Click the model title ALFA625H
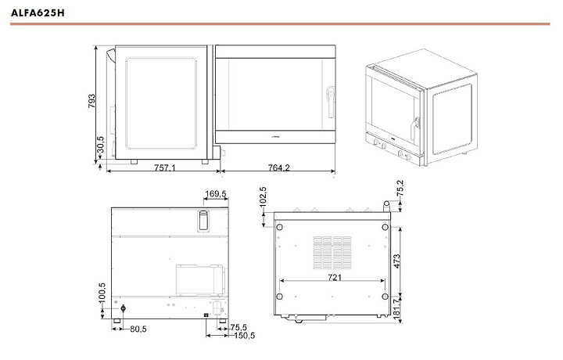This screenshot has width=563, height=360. (x=38, y=13)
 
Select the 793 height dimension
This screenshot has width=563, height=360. (x=91, y=101)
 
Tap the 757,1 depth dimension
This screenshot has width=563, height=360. (x=165, y=167)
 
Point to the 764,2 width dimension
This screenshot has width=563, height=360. (x=279, y=167)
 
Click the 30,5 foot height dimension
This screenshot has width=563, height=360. (x=101, y=145)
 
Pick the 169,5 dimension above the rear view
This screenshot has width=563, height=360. (x=216, y=194)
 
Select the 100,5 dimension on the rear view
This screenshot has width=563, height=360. (x=102, y=292)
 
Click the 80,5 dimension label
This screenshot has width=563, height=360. (x=138, y=329)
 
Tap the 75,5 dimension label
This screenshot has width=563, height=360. (x=238, y=327)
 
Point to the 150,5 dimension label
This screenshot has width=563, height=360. (x=244, y=336)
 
